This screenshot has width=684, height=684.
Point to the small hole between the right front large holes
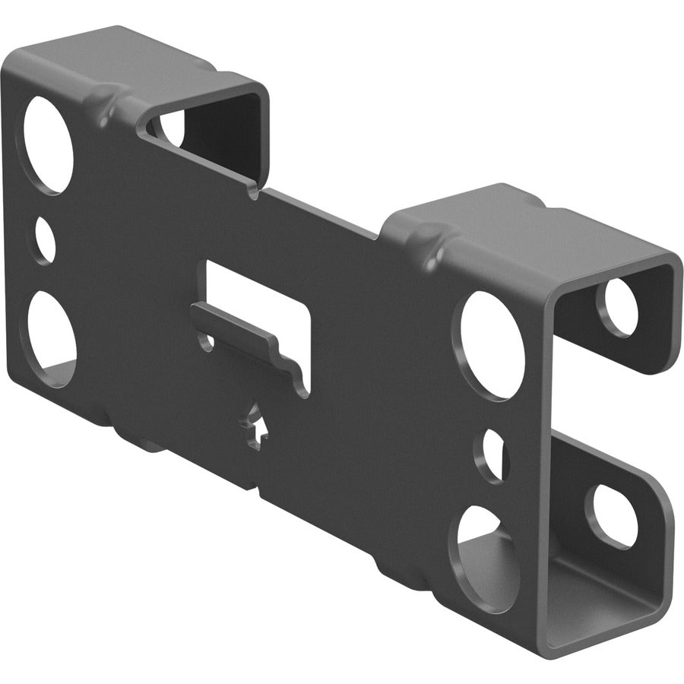click(492, 455)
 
